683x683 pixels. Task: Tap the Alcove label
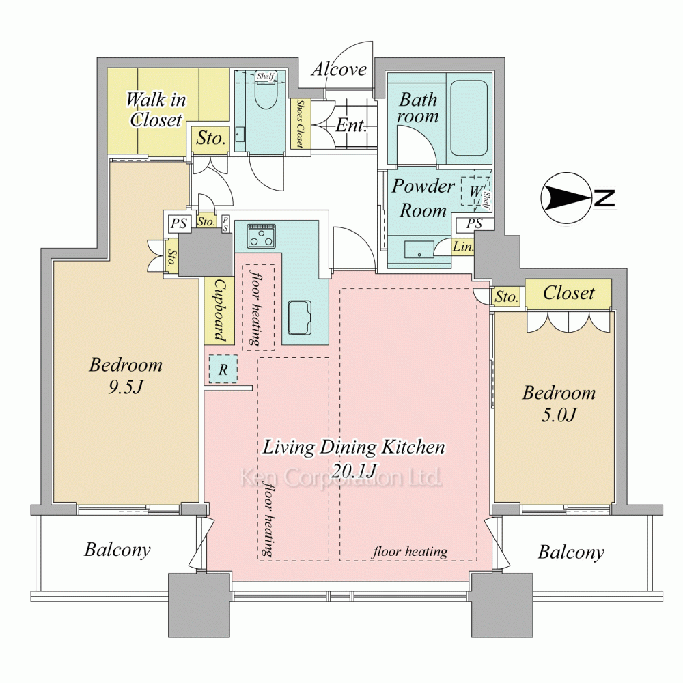click(339, 69)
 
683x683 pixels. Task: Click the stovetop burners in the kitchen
click(261, 236)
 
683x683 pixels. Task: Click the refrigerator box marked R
click(223, 370)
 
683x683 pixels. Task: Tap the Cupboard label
click(220, 310)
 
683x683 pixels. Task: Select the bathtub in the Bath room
click(469, 117)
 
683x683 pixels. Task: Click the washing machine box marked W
click(475, 191)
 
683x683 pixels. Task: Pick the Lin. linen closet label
click(463, 247)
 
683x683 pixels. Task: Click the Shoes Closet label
click(300, 124)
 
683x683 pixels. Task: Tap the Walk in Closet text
click(156, 109)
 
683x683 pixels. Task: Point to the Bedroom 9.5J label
click(126, 375)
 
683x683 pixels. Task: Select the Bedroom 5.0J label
click(559, 404)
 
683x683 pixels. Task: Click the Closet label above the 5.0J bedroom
click(568, 293)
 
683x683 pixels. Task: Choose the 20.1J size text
click(354, 471)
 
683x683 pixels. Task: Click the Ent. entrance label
click(351, 126)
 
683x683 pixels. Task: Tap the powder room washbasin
click(419, 250)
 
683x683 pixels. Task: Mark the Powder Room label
click(423, 198)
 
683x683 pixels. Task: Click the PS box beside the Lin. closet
click(475, 224)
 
